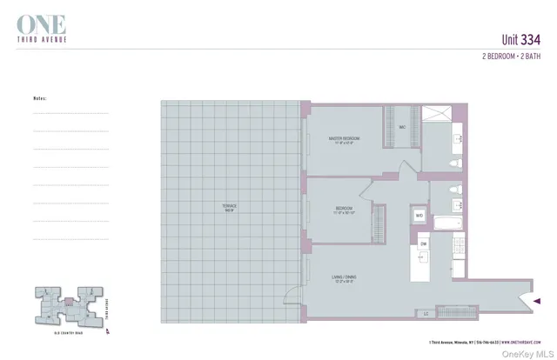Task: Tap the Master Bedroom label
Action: [344, 141]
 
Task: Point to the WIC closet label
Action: [402, 128]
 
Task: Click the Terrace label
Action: [230, 208]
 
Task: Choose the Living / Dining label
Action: [344, 278]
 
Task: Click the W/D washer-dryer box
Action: [419, 216]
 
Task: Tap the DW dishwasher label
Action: [423, 244]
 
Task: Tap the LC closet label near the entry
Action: [426, 312]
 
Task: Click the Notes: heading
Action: [41, 98]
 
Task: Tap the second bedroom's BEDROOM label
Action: [344, 210]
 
